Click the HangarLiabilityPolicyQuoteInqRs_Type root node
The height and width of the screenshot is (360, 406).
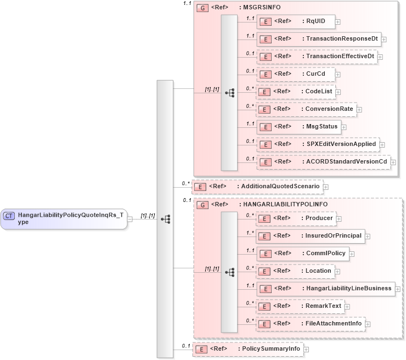tap(64, 218)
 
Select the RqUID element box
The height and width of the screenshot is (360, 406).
tap(296, 21)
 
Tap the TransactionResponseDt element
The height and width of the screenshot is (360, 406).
tap(318, 39)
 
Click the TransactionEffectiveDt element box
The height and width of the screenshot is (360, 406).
tap(317, 57)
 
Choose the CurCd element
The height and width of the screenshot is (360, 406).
tap(298, 74)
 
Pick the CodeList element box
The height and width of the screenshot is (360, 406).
tap(296, 92)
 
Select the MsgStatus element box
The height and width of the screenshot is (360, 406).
tap(298, 127)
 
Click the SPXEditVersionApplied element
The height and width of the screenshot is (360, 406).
tap(318, 144)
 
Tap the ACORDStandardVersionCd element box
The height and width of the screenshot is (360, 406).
tap(323, 162)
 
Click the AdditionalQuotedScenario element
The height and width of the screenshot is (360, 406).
tap(257, 187)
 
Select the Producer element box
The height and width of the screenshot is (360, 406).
tap(296, 218)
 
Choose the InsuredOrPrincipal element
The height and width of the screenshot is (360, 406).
tap(311, 236)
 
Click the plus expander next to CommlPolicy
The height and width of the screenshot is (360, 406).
tap(352, 254)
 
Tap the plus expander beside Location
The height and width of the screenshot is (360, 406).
tap(338, 271)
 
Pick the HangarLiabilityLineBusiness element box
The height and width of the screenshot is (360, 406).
tap(326, 289)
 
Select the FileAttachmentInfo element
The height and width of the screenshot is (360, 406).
tap(311, 324)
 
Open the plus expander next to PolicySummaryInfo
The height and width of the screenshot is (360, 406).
tap(307, 349)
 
